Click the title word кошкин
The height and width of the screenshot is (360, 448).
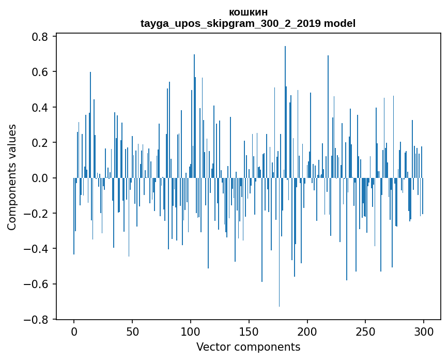pos(248,12)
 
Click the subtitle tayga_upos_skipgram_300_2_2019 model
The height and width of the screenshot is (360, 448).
pos(248,23)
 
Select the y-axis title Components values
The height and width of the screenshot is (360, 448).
pos(12,177)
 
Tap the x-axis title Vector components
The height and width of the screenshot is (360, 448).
pos(248,347)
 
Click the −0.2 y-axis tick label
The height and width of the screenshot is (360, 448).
pos(37,214)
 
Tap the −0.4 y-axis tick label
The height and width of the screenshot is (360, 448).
pos(37,249)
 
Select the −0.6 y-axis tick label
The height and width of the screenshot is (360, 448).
pos(37,284)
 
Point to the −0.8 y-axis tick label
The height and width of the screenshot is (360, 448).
pos(37,320)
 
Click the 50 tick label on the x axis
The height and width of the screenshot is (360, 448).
pos(132,331)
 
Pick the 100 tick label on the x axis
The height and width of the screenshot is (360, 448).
pos(191,331)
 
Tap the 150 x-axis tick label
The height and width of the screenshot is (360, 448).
pos(249,331)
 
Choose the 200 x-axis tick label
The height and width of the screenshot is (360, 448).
pos(307,331)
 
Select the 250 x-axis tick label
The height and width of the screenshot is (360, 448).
pos(366,331)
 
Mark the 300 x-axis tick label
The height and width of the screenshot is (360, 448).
pos(424,331)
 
